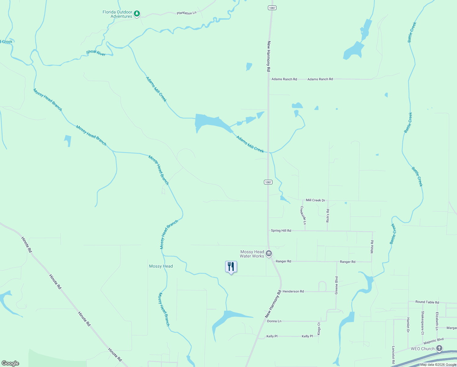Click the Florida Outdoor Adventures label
(x=117, y=14)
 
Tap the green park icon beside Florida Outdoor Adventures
(x=137, y=13)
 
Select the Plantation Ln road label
(x=186, y=13)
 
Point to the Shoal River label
(x=96, y=53)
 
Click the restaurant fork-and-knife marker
(x=231, y=267)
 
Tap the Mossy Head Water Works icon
(x=269, y=253)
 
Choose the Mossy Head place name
(x=161, y=266)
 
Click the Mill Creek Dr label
(x=315, y=200)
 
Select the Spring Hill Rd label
(x=281, y=231)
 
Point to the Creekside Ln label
(x=303, y=215)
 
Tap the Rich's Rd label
(x=328, y=216)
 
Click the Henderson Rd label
(x=293, y=291)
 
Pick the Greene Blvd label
(x=337, y=285)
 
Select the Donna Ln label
(x=274, y=321)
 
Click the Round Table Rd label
(x=427, y=302)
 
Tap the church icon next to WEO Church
(x=439, y=348)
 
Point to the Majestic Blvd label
(x=433, y=341)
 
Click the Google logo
(x=10, y=363)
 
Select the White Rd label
(x=372, y=247)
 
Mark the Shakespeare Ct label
(x=422, y=323)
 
